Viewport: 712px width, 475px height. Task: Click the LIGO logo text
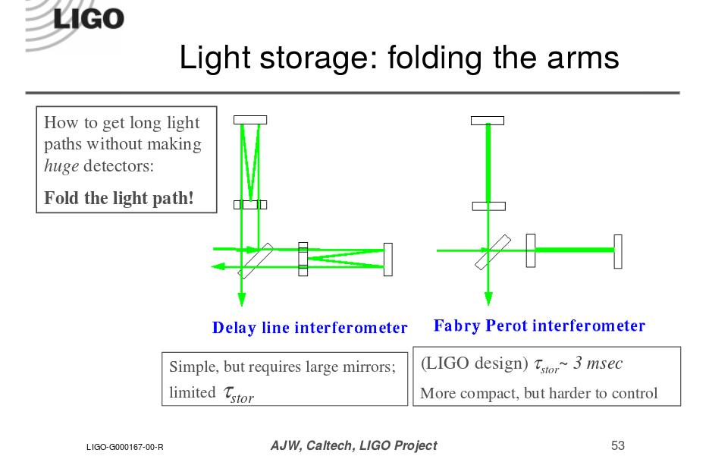coord(89,19)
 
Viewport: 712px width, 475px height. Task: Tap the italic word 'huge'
coord(61,166)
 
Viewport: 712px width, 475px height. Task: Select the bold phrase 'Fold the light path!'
coord(119,198)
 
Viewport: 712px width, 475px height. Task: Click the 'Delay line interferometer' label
coord(309,328)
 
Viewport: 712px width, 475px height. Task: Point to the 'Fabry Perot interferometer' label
coord(539,326)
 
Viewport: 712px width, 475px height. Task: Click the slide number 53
coord(618,445)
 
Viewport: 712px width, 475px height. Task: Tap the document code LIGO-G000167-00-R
coord(125,447)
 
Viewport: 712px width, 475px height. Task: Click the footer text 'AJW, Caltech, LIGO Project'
coord(354,445)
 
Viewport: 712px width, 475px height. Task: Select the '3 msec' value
coord(598,363)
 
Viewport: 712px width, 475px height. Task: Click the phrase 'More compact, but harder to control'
coord(538,393)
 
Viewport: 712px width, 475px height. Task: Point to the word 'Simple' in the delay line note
coord(190,366)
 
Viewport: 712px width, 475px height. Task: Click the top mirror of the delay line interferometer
coord(250,120)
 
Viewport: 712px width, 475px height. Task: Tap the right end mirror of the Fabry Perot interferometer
coord(618,251)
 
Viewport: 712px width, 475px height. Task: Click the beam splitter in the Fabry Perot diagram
coord(493,252)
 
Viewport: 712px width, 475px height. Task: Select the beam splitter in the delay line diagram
coord(256,261)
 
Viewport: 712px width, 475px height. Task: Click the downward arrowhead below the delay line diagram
coord(242,299)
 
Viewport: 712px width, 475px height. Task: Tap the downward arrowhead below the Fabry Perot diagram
coord(488,299)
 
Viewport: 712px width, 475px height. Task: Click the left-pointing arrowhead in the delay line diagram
coord(218,266)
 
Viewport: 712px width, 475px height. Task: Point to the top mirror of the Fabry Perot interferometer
coord(488,121)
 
